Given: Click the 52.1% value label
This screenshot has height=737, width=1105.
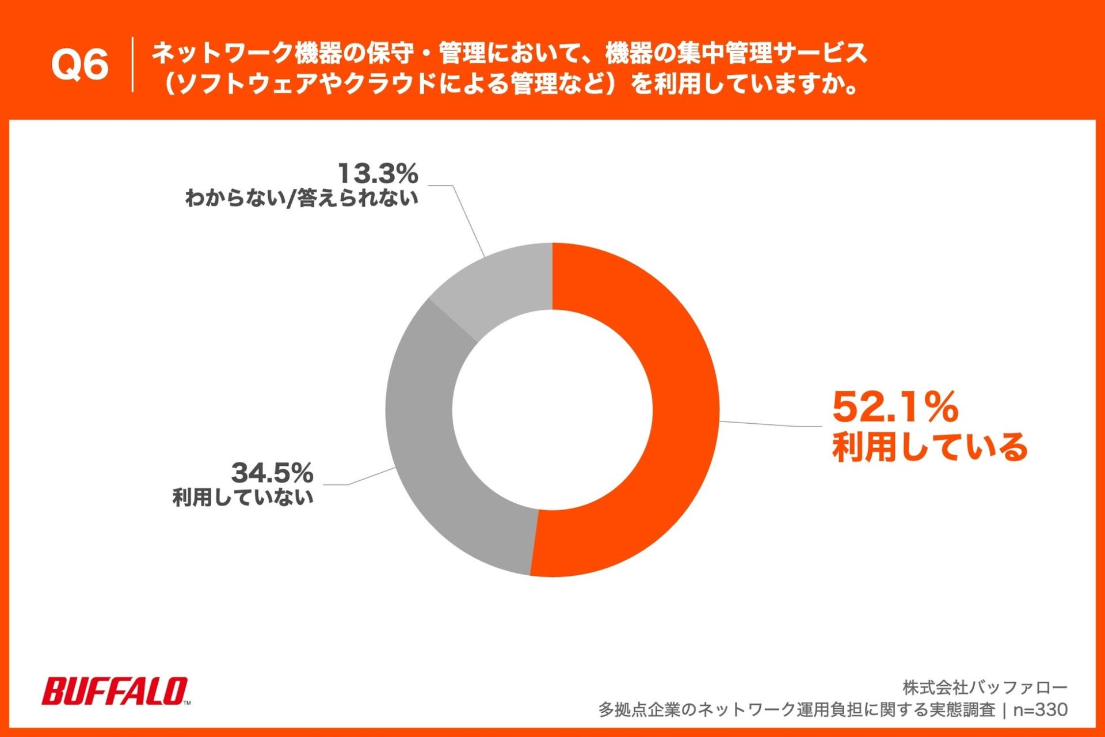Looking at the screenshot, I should (x=895, y=407).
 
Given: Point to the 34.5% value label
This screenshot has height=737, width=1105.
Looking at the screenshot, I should (x=272, y=473).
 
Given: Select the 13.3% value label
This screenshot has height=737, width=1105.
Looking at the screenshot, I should (x=378, y=173).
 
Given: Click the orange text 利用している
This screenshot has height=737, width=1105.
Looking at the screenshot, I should (x=929, y=447).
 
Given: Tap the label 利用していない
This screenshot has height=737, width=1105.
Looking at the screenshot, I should (x=243, y=497).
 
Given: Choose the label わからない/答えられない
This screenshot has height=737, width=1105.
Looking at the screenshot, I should (x=301, y=198).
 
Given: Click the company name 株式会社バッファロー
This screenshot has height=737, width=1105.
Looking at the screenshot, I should (x=985, y=687).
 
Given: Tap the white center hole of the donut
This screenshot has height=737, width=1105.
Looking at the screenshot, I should (x=552, y=410).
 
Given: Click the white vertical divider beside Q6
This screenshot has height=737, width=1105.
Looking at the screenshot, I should (x=133, y=64).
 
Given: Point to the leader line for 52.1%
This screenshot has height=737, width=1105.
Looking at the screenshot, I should (x=771, y=424).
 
